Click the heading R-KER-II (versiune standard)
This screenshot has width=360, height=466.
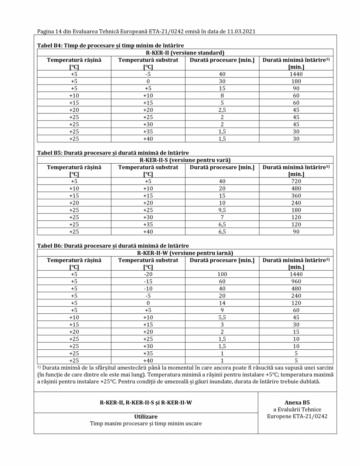[x=185, y=52]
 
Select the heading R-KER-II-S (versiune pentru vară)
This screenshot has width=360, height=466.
[x=185, y=160]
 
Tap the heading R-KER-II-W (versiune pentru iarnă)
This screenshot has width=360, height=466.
[x=185, y=253]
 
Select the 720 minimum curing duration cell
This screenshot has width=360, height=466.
[x=296, y=181]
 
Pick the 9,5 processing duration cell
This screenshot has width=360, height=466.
[x=222, y=210]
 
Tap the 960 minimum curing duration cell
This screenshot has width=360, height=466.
[x=296, y=282]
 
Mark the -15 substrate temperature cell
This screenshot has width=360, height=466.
[x=148, y=282]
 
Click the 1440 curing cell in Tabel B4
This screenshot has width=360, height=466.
[x=296, y=74]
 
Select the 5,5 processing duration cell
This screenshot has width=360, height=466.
[x=222, y=318]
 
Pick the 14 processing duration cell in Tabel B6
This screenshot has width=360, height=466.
[x=222, y=303]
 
